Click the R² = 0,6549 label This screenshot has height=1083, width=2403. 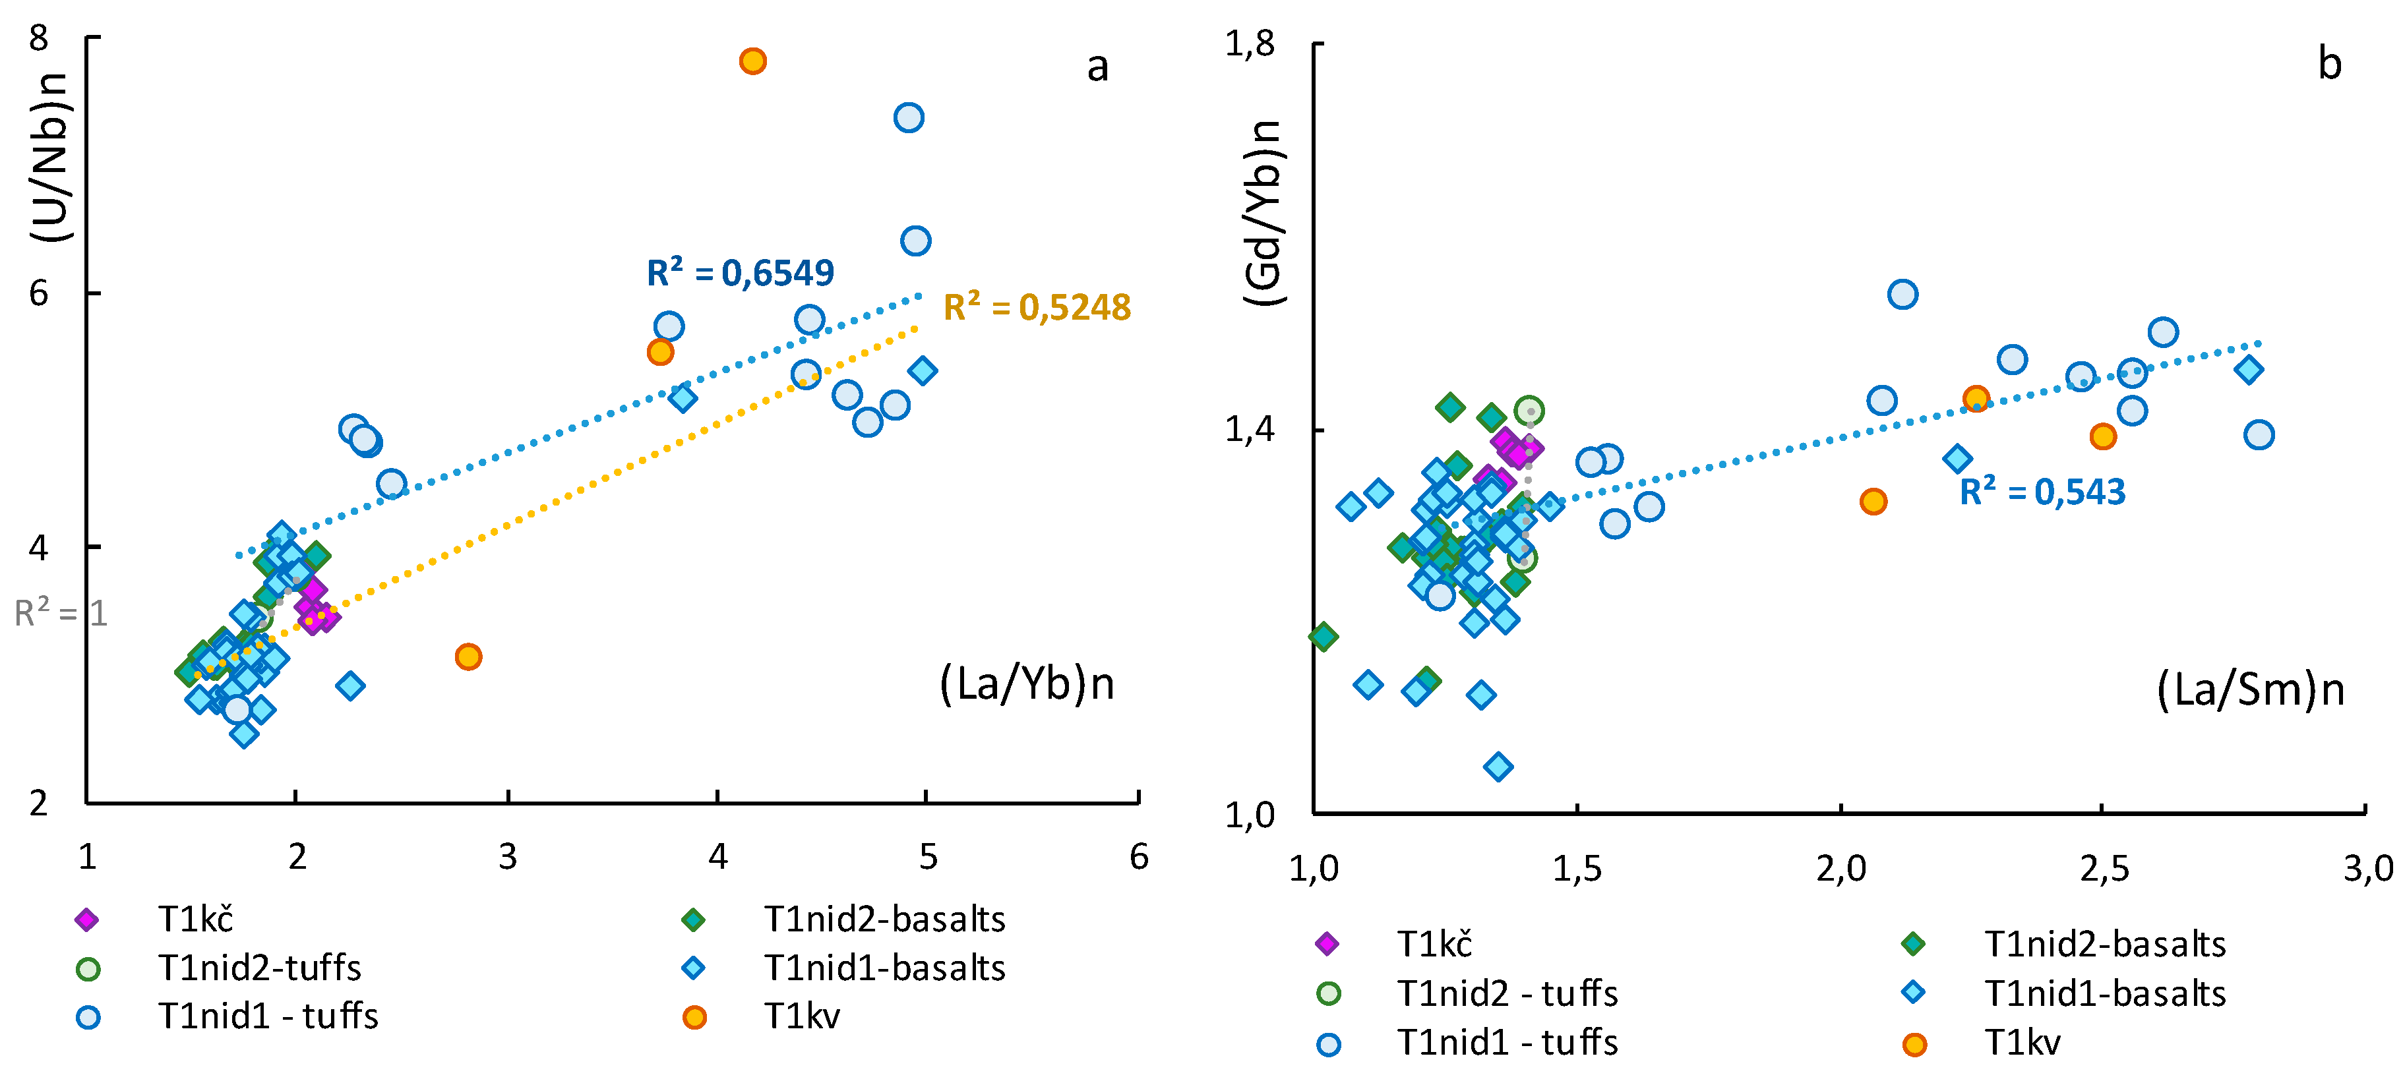[740, 272]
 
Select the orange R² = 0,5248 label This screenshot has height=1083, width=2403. [1037, 307]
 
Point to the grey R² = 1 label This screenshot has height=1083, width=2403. [61, 613]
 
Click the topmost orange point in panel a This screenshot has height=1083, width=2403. [753, 61]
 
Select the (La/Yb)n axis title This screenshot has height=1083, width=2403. [1026, 684]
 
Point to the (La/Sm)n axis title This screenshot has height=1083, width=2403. [2250, 689]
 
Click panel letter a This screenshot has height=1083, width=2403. [1098, 67]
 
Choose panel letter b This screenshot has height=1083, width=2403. [2329, 63]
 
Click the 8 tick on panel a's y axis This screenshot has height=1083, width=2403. [38, 38]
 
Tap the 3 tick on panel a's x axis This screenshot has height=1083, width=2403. [508, 856]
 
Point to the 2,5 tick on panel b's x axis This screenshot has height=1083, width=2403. [2104, 869]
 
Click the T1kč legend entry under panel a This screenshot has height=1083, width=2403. [154, 920]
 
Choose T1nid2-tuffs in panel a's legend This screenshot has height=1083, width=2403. [218, 968]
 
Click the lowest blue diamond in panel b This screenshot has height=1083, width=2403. [1498, 767]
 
